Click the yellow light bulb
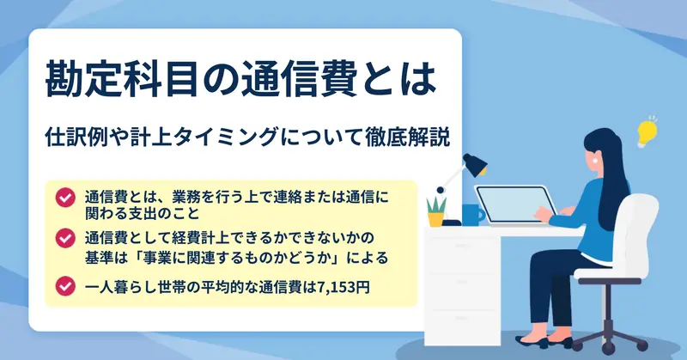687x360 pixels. click(647, 132)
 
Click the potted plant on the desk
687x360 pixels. click(436, 211)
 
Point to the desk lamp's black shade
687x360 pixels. click(476, 164)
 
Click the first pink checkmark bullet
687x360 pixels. click(65, 198)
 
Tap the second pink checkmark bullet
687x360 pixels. click(65, 238)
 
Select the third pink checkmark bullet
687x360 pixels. click(65, 286)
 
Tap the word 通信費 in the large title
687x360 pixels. click(299, 79)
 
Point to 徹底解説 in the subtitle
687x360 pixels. click(407, 137)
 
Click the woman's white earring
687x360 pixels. click(595, 160)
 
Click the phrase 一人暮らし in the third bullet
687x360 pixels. click(121, 287)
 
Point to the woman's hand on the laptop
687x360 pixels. click(544, 214)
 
